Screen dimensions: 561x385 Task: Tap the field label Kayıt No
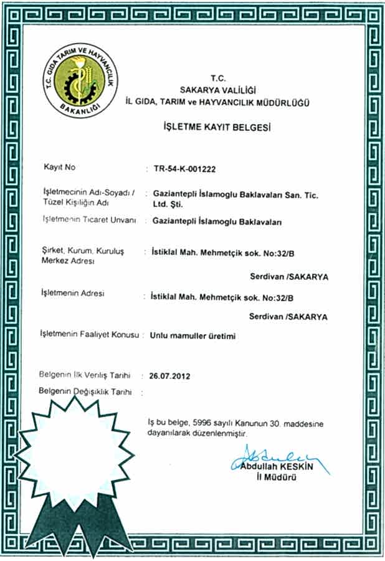(x=59, y=168)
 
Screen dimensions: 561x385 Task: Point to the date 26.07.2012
(x=169, y=376)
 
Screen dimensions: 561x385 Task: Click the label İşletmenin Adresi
(x=72, y=292)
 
